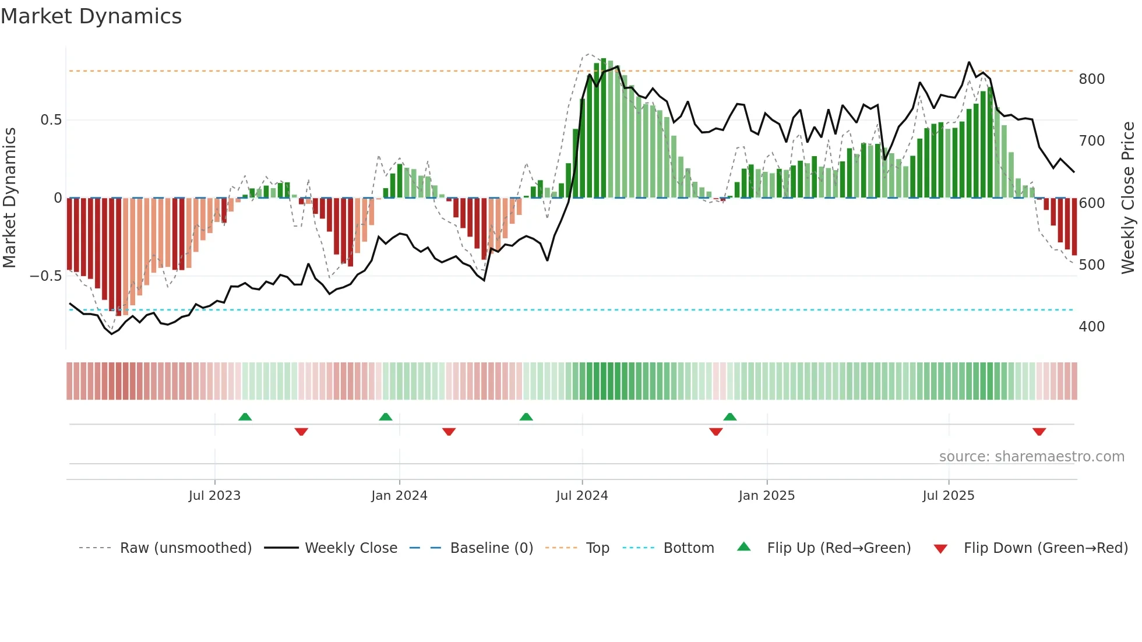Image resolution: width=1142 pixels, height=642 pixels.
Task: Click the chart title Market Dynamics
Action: (x=91, y=16)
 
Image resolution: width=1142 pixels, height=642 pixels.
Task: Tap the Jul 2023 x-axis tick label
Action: (x=214, y=496)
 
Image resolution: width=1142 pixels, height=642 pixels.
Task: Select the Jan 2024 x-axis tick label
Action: (x=399, y=496)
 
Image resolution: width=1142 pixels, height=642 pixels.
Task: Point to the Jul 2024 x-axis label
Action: (x=582, y=496)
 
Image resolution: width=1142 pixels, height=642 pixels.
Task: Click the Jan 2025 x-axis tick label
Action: (x=766, y=496)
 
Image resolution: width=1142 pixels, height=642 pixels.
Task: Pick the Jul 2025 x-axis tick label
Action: (x=949, y=496)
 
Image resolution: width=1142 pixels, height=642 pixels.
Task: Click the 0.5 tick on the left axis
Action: (x=51, y=120)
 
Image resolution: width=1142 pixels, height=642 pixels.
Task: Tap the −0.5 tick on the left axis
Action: (x=46, y=276)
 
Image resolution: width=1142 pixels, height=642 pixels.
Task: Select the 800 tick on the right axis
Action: (x=1091, y=79)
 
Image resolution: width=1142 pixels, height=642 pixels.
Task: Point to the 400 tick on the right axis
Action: (x=1091, y=327)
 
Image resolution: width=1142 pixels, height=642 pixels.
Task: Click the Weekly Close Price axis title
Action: (x=1128, y=198)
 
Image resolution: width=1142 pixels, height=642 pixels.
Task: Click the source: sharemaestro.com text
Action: (x=1031, y=457)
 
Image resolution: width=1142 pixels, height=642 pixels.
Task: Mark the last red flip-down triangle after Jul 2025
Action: (x=1039, y=432)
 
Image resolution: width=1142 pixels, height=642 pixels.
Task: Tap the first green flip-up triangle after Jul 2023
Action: (x=245, y=417)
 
